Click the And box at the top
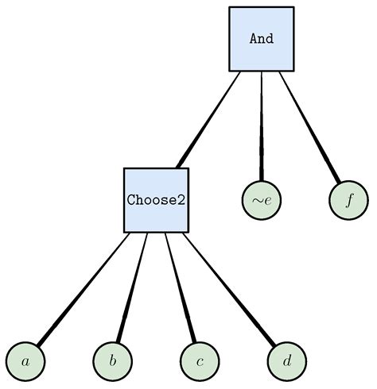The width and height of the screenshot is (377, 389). coord(261,39)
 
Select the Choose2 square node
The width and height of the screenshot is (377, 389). coord(156,200)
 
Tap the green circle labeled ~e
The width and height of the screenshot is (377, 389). coord(262,200)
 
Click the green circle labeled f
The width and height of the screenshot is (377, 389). coord(348,200)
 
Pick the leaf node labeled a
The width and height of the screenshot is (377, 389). coord(25,362)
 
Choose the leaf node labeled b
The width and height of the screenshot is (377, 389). coord(113,362)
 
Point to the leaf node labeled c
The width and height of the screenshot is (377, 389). coord(200,362)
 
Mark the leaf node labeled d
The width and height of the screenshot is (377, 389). coord(286,362)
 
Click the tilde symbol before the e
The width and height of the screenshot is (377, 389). coord(257,201)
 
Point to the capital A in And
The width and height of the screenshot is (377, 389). coord(254,39)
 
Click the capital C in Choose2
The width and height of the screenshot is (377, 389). coord(131,200)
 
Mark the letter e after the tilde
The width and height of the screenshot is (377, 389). coord(268,201)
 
